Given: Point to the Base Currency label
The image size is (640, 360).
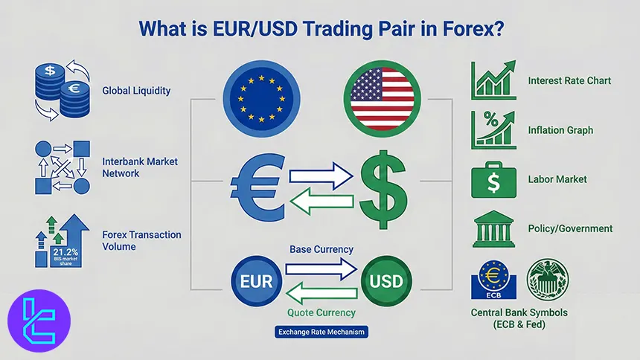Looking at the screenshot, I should point(321,249).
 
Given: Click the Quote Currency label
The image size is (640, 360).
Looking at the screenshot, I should point(321,312).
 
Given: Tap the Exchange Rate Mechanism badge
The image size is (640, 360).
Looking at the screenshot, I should point(321,332).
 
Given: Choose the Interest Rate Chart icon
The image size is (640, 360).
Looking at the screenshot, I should point(493,80).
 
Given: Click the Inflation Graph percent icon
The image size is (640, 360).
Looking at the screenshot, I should point(493,129).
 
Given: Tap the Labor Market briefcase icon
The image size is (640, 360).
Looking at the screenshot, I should point(493,179).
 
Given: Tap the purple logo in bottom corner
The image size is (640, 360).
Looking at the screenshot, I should point(39,321).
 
